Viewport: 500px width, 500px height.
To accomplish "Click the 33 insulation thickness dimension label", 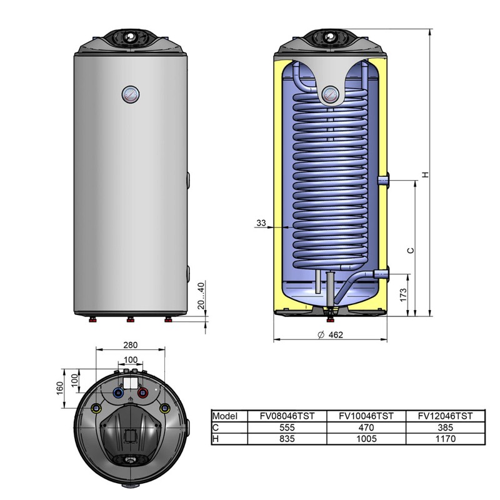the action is pos(261,223).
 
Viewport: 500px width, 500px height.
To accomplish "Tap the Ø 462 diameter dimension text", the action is pos(331,335).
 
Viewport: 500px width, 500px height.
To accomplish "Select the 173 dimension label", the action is pos(403,295).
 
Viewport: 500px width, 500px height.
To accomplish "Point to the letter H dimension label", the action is pos(426,175).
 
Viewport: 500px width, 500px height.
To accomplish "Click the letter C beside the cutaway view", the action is pos(411,251).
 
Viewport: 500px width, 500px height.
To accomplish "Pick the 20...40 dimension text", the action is pos(201,296).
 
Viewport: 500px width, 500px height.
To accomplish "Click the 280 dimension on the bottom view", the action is pos(131,345).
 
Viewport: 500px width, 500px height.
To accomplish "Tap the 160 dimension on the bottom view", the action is pos(60,388).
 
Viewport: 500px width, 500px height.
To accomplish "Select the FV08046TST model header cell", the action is pos(287,416).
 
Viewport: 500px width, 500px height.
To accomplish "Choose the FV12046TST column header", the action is pos(445,416).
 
